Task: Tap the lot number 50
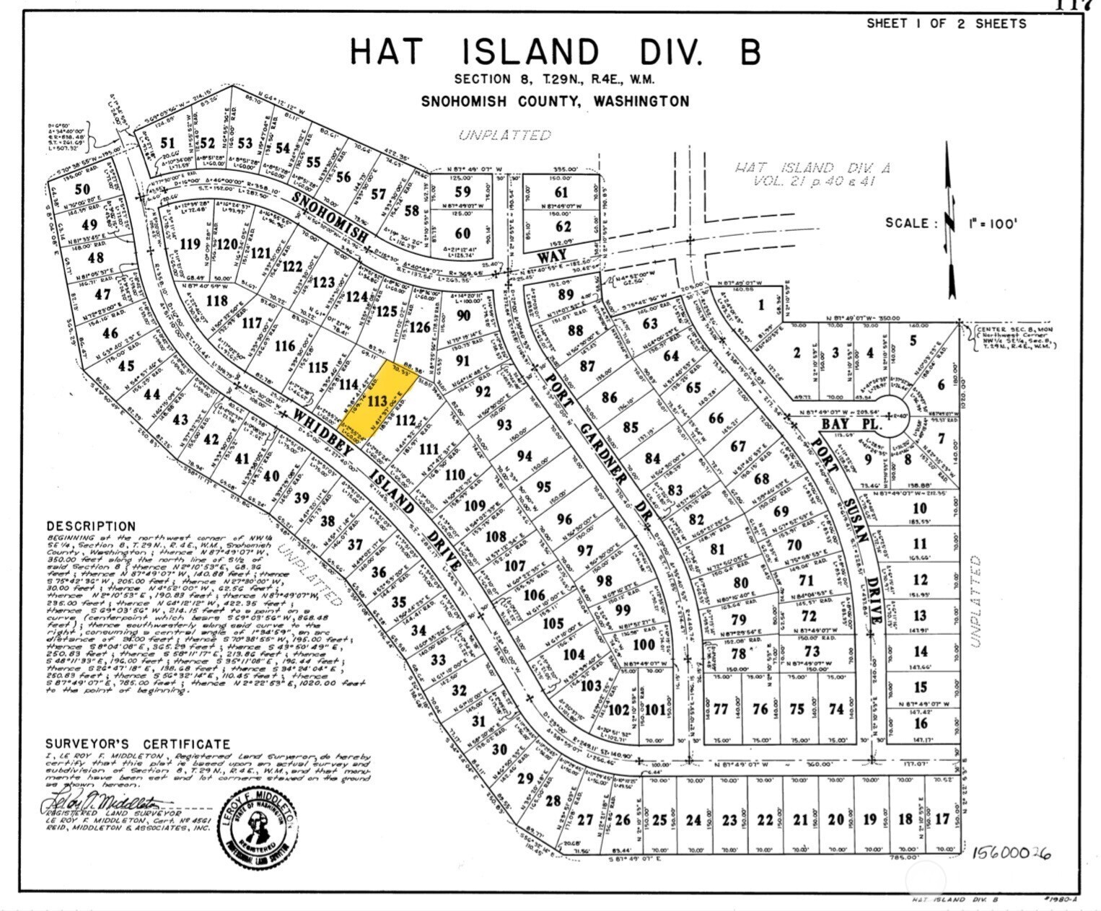tap(84, 189)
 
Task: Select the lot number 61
tap(561, 192)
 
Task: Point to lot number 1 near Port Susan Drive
tap(760, 305)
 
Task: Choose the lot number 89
tap(565, 294)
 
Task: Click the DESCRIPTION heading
tap(91, 527)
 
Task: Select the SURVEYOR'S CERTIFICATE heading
tap(138, 744)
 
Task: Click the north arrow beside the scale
tap(951, 220)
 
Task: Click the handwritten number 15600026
tap(1011, 853)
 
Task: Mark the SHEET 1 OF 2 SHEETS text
tap(946, 24)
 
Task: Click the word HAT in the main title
tap(387, 52)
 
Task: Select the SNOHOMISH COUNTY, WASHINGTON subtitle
tap(555, 101)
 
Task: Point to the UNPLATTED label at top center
tap(505, 135)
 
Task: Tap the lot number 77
tap(720, 708)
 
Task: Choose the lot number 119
tap(190, 244)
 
